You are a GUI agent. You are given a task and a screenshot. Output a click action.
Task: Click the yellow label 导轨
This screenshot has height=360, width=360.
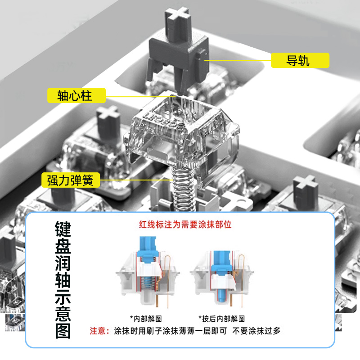[300, 60]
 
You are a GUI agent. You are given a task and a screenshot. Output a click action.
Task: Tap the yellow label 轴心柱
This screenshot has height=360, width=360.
[76, 95]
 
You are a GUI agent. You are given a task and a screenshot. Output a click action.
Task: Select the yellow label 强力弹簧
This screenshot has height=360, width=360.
[70, 180]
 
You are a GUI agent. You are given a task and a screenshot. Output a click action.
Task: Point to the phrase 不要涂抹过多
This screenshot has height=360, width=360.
[256, 331]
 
